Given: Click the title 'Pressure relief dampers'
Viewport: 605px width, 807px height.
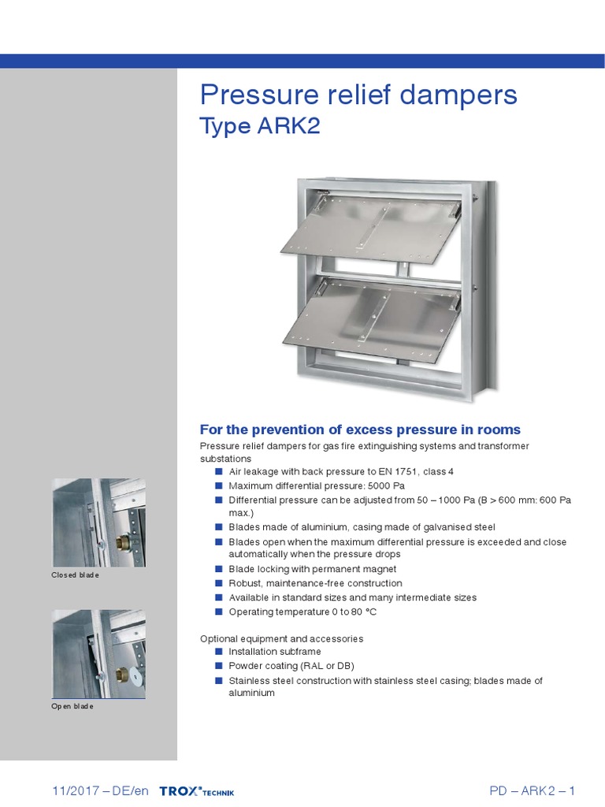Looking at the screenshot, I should tap(358, 95).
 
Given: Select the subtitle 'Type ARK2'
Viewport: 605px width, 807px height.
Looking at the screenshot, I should tap(260, 127).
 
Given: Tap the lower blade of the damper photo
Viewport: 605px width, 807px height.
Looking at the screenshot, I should tap(370, 319).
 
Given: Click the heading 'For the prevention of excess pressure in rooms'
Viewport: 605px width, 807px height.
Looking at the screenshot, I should tap(360, 430).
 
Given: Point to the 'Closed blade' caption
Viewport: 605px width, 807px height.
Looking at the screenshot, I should tap(76, 575).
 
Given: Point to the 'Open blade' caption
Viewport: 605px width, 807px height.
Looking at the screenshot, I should tap(72, 706).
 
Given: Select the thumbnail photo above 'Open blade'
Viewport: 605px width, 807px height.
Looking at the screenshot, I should tap(98, 653).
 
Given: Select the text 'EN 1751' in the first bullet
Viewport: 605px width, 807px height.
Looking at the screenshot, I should tap(392, 471).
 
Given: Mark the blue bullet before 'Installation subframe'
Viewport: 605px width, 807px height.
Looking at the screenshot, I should tap(218, 652).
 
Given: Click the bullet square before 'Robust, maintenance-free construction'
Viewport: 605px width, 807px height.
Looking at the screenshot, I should tap(218, 583).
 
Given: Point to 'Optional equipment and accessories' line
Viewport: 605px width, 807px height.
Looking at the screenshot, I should tap(281, 638).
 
